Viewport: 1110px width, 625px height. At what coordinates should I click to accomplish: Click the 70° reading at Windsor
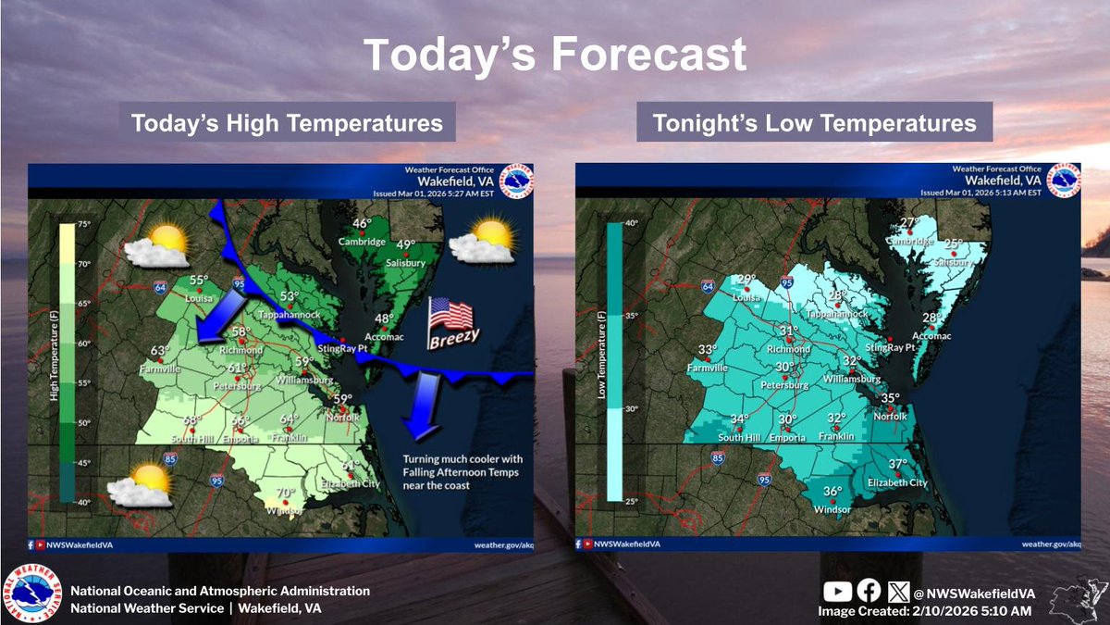pyautogui.click(x=286, y=494)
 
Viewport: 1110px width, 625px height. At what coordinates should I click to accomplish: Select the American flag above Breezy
pyautogui.click(x=450, y=315)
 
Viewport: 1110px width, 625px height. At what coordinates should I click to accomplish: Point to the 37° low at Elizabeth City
pyautogui.click(x=898, y=464)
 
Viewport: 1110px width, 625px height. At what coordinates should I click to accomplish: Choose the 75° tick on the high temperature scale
pyautogui.click(x=83, y=224)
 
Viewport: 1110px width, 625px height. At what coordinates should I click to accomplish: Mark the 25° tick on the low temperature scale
pyautogui.click(x=631, y=502)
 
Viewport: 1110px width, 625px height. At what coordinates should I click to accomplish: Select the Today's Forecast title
pyautogui.click(x=554, y=56)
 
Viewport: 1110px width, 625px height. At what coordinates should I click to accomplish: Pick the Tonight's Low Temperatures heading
pyautogui.click(x=814, y=123)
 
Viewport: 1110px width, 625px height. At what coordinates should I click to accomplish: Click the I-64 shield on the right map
pyautogui.click(x=710, y=286)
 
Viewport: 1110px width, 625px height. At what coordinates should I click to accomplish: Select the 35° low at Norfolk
pyautogui.click(x=890, y=399)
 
